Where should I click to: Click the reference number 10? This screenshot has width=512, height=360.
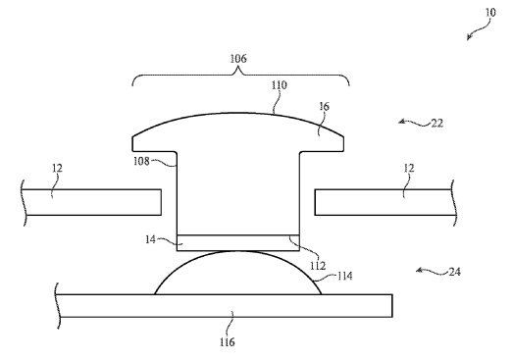[490, 13]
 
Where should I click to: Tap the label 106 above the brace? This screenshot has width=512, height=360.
[238, 59]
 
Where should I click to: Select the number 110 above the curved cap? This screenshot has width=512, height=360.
[280, 85]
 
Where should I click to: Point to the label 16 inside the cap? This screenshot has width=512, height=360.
[325, 107]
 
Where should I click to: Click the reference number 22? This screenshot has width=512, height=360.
[437, 124]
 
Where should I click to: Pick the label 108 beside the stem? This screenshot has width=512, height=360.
[141, 161]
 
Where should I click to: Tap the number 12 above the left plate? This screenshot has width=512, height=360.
[57, 169]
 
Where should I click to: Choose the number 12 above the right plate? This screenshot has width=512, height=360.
[409, 169]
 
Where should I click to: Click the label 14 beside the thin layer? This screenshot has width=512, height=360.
[150, 239]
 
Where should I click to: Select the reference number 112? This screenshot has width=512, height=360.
[318, 266]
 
